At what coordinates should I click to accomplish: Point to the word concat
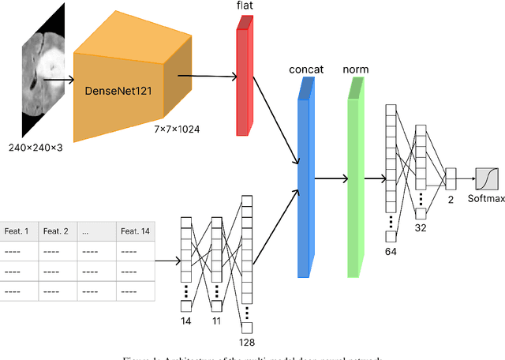(307, 69)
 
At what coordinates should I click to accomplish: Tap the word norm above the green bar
(355, 69)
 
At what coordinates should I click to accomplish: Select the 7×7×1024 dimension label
(178, 129)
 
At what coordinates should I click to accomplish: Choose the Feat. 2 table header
(56, 231)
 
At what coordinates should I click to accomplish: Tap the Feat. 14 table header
(135, 231)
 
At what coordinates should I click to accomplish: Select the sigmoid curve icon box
(487, 178)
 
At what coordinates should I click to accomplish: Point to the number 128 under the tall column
(247, 343)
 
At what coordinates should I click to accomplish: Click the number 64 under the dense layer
(390, 250)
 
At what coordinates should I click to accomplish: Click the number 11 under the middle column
(217, 322)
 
